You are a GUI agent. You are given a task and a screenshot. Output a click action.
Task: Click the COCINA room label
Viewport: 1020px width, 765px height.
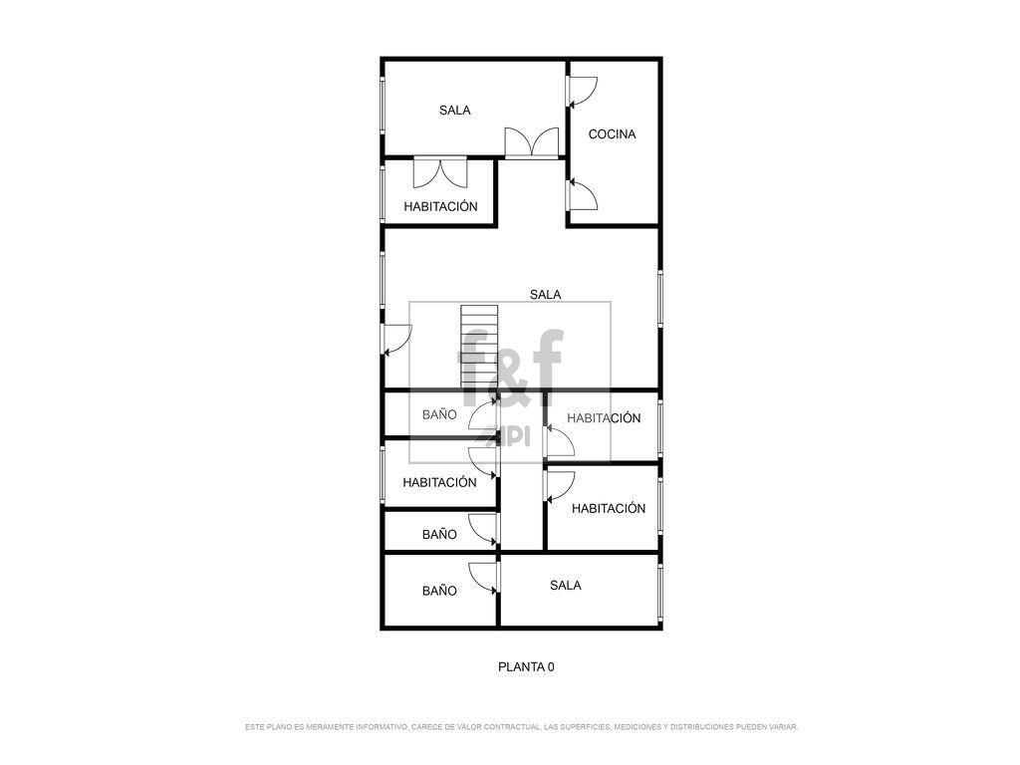coord(612,134)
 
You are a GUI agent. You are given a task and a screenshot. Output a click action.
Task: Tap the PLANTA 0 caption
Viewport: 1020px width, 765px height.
coord(526,666)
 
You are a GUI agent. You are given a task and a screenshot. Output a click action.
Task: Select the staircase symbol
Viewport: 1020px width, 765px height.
coord(479,345)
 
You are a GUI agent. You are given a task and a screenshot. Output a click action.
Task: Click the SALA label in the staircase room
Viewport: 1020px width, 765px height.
coord(545,295)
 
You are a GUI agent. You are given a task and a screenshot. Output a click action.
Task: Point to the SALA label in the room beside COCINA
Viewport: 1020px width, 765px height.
coord(454,111)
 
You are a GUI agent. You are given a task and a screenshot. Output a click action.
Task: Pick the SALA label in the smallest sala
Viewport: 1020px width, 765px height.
coord(566,586)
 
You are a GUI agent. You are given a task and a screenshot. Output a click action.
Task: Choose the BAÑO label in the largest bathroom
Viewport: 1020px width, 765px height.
coord(439,591)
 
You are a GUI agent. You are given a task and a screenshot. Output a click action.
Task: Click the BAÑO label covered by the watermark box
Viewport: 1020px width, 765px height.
coord(439,414)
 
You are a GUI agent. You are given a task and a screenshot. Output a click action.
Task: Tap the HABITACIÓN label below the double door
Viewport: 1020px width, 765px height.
coord(440,207)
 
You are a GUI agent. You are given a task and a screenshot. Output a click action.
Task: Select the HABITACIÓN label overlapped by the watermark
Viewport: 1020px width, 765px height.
coord(604,418)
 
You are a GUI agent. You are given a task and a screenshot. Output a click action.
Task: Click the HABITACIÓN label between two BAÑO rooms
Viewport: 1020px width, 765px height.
coord(439,483)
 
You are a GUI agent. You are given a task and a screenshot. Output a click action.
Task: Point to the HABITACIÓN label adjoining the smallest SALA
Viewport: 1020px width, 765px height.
coord(609,509)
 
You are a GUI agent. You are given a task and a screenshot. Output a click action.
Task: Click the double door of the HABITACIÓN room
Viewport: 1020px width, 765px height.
coord(440,171)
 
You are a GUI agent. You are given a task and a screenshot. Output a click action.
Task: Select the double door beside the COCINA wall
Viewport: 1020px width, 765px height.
coord(532,142)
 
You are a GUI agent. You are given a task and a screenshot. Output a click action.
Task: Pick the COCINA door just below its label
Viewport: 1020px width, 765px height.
coord(582,195)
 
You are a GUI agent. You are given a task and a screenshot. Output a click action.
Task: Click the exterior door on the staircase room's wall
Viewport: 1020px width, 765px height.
coord(396,340)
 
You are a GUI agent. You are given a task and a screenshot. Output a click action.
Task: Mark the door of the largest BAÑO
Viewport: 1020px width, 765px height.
coord(484,578)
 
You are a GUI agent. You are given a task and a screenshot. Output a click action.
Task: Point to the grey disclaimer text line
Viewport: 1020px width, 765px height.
coord(522,726)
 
